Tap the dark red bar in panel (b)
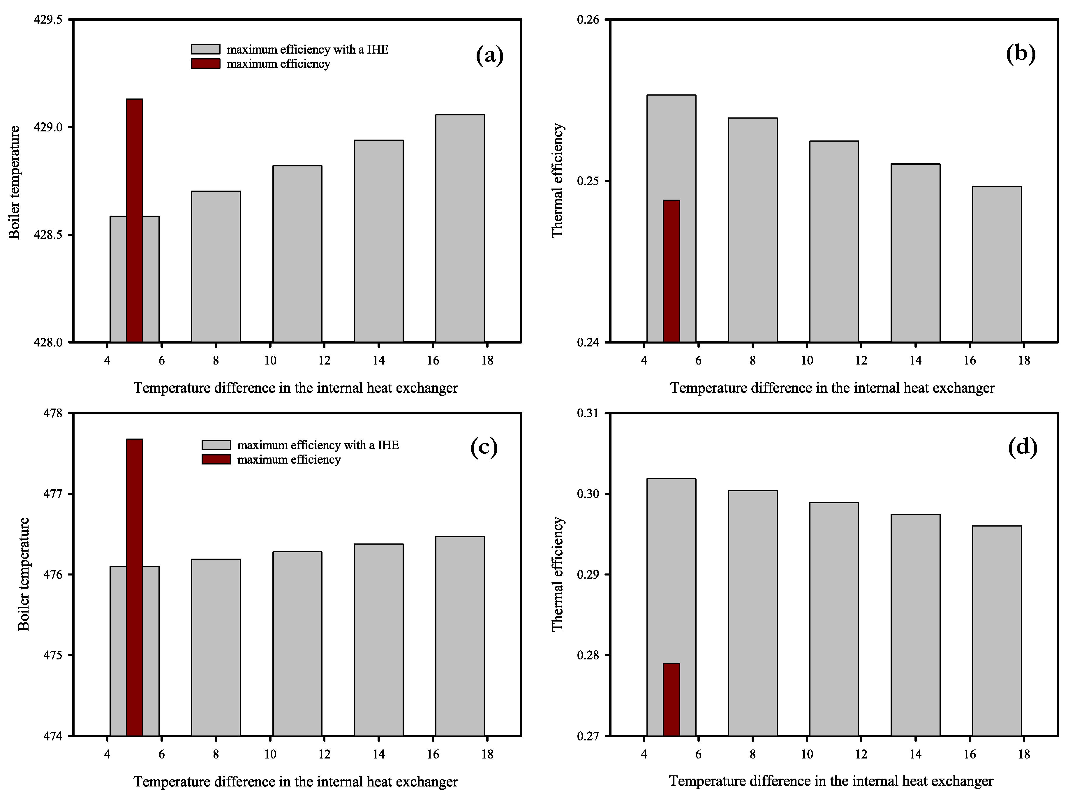tap(671, 271)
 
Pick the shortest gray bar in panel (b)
tap(997, 264)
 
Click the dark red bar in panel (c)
tap(134, 587)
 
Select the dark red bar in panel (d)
tap(671, 699)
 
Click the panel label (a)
tap(490, 56)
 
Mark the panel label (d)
tap(1023, 447)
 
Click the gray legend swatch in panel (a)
tap(205, 49)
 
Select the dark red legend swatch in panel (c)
tap(216, 460)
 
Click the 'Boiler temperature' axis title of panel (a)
tap(15, 183)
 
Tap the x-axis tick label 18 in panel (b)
tap(1024, 360)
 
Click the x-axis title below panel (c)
tap(295, 782)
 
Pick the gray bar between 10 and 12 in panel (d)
tap(834, 619)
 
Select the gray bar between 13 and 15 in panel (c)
tap(378, 640)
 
